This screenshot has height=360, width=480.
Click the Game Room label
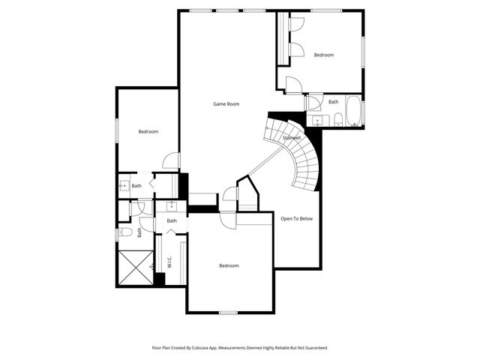[226, 103]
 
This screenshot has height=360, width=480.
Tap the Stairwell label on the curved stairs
[292, 138]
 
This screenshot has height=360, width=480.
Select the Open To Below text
[296, 218]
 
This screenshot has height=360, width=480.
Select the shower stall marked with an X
[135, 268]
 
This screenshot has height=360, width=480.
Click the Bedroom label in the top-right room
[323, 55]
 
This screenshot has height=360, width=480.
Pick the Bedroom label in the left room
[148, 132]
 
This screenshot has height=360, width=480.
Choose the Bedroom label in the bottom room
[229, 265]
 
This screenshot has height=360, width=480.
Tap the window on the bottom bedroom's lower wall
[228, 311]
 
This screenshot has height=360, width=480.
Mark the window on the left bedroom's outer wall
[116, 128]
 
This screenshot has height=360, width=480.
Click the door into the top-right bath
[313, 101]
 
